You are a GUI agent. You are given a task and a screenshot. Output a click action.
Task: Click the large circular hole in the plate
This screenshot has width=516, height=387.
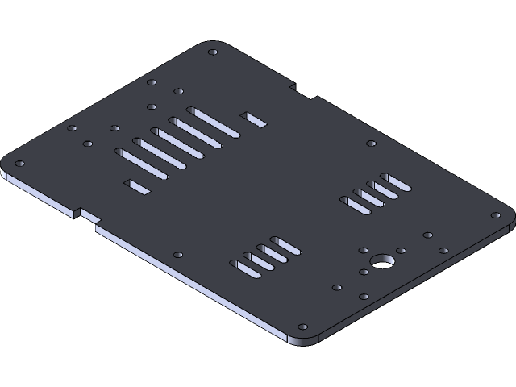click(381, 262)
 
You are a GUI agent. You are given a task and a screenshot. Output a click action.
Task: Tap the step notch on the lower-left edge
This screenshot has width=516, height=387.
click(85, 215)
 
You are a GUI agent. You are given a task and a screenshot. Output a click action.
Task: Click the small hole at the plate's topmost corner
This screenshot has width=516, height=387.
click(212, 52)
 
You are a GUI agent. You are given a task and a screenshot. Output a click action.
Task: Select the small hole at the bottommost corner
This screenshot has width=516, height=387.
click(302, 327)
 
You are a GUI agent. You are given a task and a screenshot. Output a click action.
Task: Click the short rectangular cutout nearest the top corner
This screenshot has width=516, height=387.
click(253, 119)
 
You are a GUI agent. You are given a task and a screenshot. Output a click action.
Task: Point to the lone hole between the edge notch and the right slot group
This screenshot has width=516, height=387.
click(371, 144)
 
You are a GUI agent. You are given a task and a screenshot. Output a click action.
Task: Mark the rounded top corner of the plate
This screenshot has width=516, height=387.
click(212, 44)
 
